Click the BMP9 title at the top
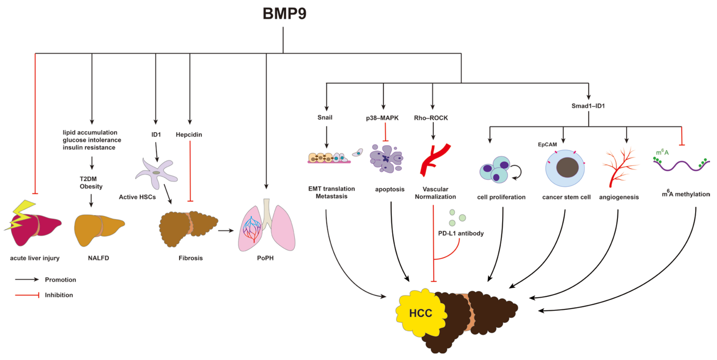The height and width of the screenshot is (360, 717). click(x=284, y=13)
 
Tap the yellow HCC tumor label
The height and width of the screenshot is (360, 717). click(x=420, y=313)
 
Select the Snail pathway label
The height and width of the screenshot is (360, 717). click(x=325, y=117)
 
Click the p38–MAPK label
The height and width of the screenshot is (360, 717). click(x=382, y=118)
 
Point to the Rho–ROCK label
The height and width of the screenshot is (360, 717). click(x=431, y=118)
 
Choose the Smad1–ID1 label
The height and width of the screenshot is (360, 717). click(x=588, y=106)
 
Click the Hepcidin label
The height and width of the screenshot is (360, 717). click(x=189, y=135)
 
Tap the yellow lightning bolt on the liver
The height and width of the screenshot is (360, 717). click(x=21, y=214)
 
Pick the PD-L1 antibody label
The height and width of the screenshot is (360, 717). click(x=461, y=233)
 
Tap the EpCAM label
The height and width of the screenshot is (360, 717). click(x=547, y=144)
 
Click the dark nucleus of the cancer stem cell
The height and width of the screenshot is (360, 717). click(x=567, y=167)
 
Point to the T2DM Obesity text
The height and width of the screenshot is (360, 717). click(x=91, y=183)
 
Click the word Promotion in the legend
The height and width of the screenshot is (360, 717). click(x=60, y=280)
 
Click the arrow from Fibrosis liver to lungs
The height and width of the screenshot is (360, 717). click(x=226, y=230)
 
